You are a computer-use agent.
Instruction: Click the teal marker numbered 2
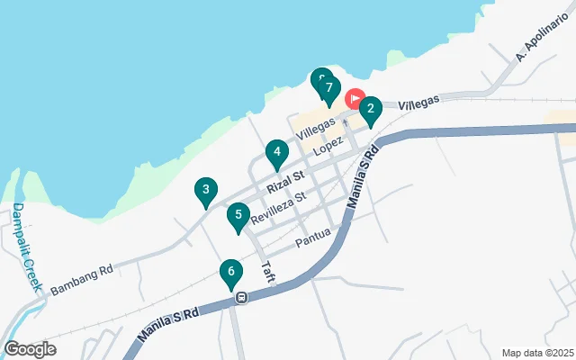[370, 109]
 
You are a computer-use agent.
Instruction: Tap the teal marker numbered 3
[206, 190]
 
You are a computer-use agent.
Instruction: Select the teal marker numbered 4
[278, 153]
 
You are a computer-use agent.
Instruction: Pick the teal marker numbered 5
[238, 215]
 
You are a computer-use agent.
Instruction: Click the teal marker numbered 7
[330, 89]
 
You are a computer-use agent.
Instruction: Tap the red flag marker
[354, 97]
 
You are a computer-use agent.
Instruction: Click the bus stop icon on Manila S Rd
[240, 297]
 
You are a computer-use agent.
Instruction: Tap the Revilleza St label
[279, 206]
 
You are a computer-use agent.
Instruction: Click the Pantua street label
[313, 237]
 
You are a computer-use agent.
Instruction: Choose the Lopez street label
[328, 142]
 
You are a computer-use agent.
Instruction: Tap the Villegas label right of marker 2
[418, 103]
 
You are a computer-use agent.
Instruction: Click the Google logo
[30, 349]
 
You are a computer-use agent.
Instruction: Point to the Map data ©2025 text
[536, 353]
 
